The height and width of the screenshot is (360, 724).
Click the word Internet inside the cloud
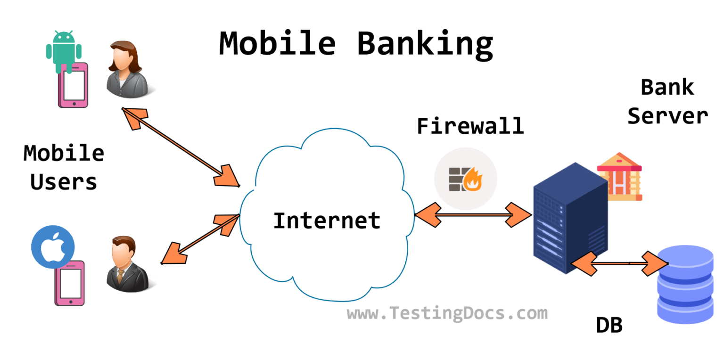(327, 220)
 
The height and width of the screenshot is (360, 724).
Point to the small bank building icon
(619, 176)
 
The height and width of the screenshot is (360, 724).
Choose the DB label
(609, 326)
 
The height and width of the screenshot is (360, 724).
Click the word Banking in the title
(425, 43)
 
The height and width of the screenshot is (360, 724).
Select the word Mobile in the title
(277, 43)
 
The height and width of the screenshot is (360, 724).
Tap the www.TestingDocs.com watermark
(447, 313)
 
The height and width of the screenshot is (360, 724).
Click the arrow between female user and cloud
(181, 147)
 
